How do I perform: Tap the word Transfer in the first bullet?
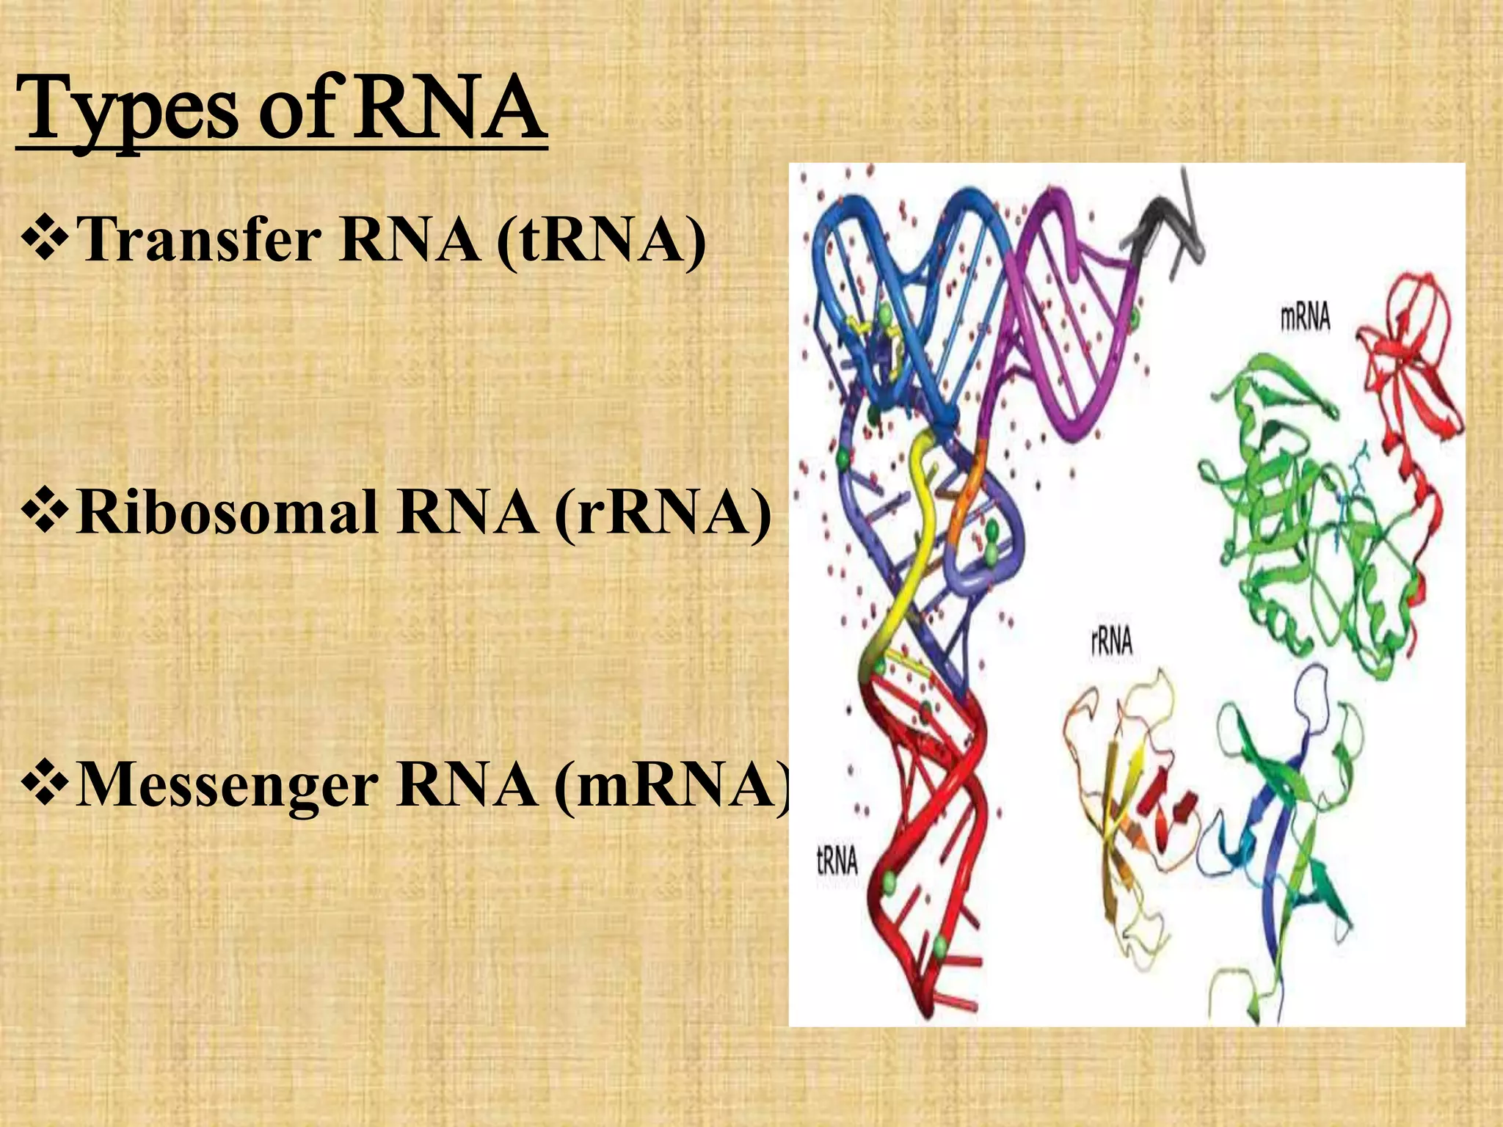tap(198, 240)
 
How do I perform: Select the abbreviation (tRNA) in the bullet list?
tap(601, 241)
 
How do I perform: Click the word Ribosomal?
tap(227, 511)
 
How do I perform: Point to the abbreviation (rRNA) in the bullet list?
tap(663, 513)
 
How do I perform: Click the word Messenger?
tap(227, 785)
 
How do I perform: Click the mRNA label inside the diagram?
tap(1306, 318)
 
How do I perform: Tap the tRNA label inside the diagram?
tap(837, 861)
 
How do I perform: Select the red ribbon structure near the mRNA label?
tap(1402, 352)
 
